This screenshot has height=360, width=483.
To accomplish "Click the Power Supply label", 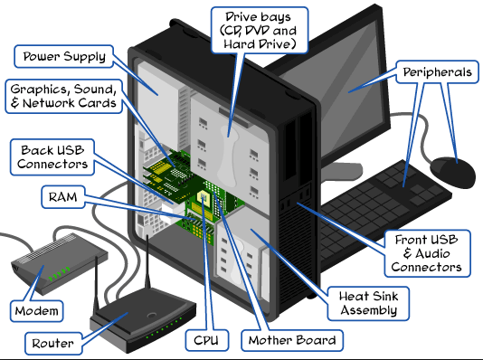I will pyautogui.click(x=64, y=56).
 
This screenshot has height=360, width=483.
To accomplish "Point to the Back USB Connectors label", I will pyautogui.click(x=52, y=156).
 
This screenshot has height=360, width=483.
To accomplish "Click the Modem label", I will pyautogui.click(x=36, y=310).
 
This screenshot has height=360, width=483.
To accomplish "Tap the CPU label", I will pyautogui.click(x=204, y=341).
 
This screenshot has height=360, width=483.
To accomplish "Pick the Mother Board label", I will pyautogui.click(x=292, y=341).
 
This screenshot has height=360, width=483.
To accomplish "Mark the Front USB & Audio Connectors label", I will pyautogui.click(x=430, y=252).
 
